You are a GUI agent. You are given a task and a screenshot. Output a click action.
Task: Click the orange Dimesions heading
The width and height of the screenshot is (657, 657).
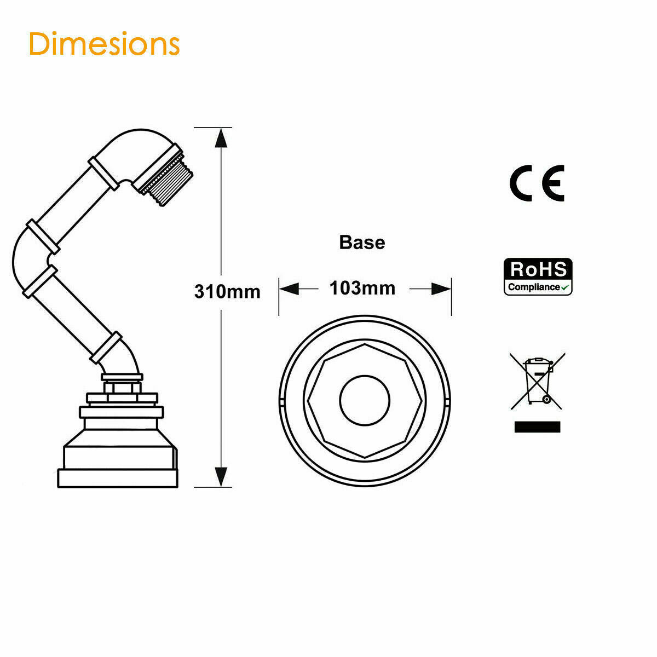(104, 44)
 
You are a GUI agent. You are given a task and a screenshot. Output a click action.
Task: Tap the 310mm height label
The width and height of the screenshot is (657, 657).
(227, 291)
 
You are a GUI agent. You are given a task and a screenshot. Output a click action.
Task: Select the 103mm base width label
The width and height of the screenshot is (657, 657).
(362, 288)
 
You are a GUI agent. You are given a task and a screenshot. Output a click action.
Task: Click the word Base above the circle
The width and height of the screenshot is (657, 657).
(362, 242)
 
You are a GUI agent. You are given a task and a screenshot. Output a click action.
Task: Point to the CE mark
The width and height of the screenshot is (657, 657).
(537, 183)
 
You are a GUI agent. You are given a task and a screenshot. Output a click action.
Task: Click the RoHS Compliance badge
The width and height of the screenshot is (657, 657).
(538, 277)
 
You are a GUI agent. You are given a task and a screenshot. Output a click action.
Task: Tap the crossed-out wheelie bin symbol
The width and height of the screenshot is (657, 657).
(538, 381)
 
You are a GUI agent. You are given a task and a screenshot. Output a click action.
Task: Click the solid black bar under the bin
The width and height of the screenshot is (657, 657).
(537, 427)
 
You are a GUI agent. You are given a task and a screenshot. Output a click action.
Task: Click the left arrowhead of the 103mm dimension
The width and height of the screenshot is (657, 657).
(289, 289)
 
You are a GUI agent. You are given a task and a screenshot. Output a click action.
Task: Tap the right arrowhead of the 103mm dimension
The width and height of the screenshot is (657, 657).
(441, 289)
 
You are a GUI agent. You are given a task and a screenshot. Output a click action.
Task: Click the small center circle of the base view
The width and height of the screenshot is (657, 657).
(365, 400)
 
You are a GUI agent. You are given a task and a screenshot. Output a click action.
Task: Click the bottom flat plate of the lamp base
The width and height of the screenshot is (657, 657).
(118, 477)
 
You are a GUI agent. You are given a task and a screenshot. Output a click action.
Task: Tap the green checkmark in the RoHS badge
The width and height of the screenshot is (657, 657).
(566, 286)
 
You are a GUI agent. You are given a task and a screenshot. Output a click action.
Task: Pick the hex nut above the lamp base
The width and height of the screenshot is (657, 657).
(122, 388)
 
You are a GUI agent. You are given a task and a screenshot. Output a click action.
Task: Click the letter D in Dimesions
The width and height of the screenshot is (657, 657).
(40, 44)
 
